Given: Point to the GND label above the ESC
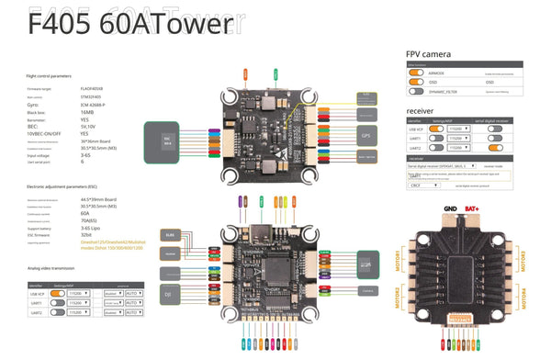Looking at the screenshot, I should (449, 210).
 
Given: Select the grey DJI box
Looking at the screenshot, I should (169, 294).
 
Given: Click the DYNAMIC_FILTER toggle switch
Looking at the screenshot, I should (419, 91).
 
